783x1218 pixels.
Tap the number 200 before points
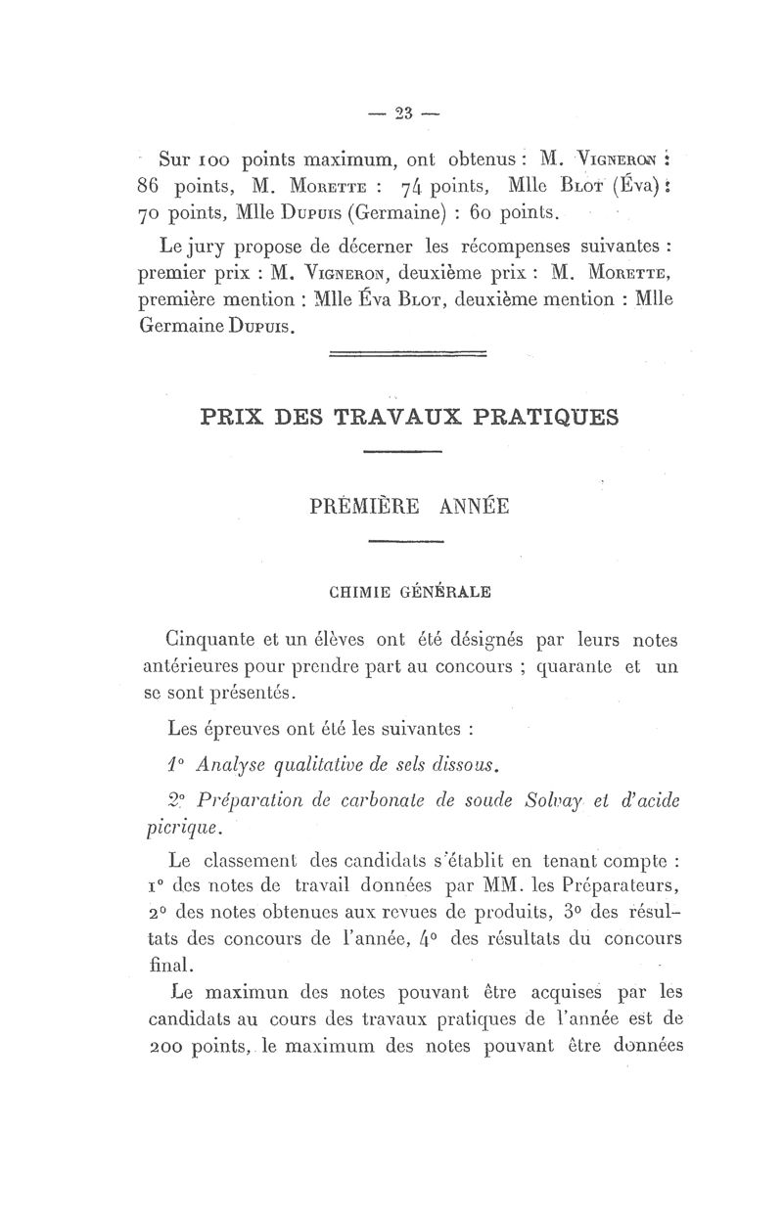(x=165, y=1045)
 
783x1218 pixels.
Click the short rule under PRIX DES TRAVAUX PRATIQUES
(x=402, y=451)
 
